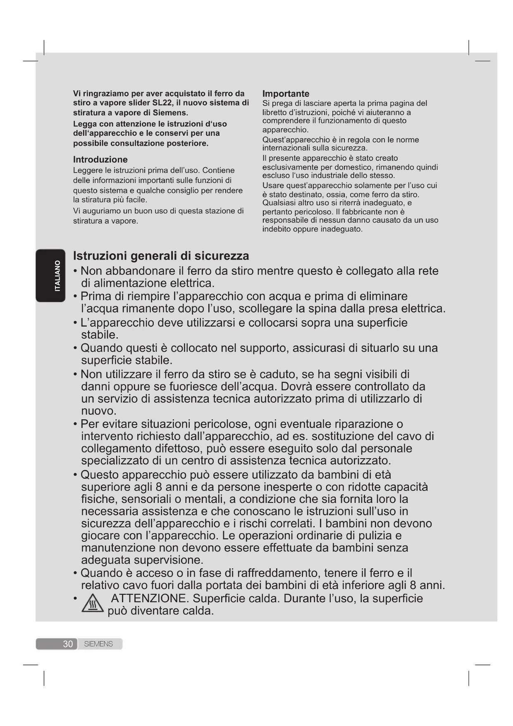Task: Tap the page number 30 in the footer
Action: (68, 644)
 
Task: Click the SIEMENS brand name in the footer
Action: (98, 644)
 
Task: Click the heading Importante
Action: (286, 94)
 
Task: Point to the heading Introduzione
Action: (100, 159)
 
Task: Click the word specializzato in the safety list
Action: (115, 461)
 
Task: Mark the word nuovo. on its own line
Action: (99, 411)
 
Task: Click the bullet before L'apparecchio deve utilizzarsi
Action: (75, 323)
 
